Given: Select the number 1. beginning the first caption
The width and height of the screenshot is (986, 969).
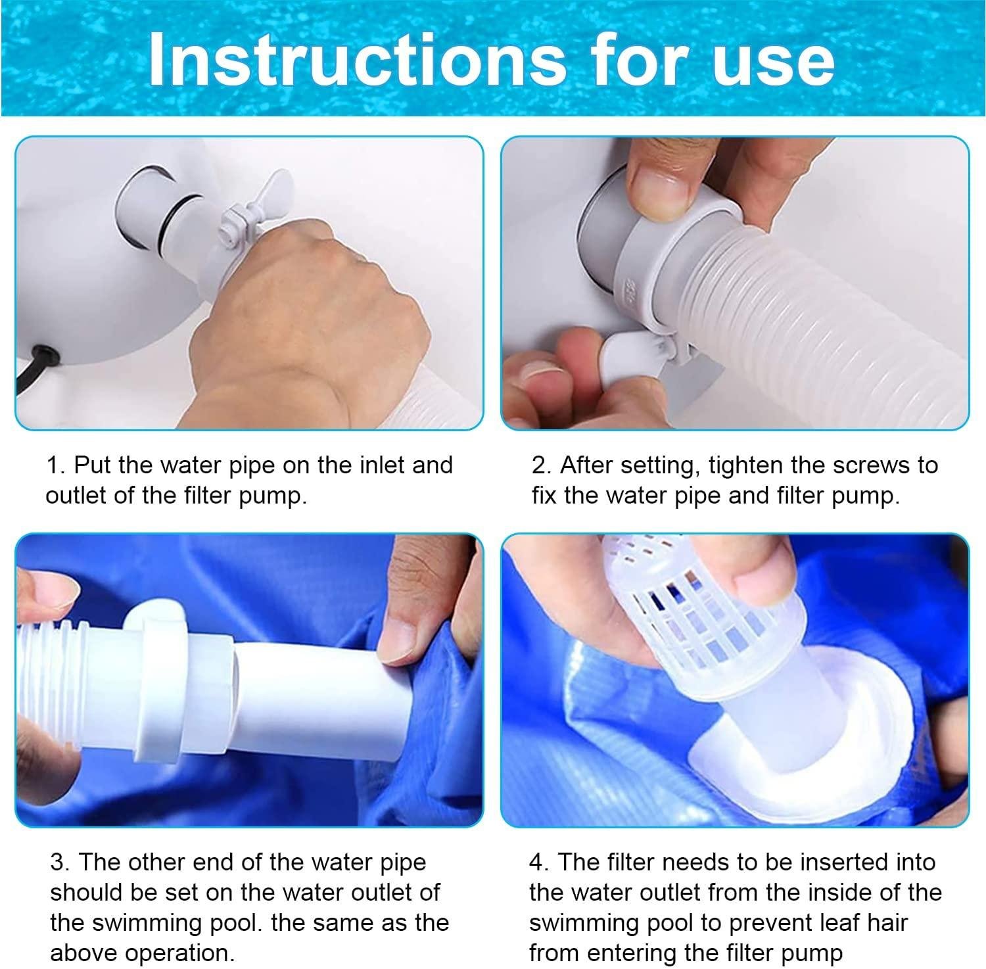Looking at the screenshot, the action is click(55, 465).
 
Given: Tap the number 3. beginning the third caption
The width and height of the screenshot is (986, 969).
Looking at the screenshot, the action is click(60, 863).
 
